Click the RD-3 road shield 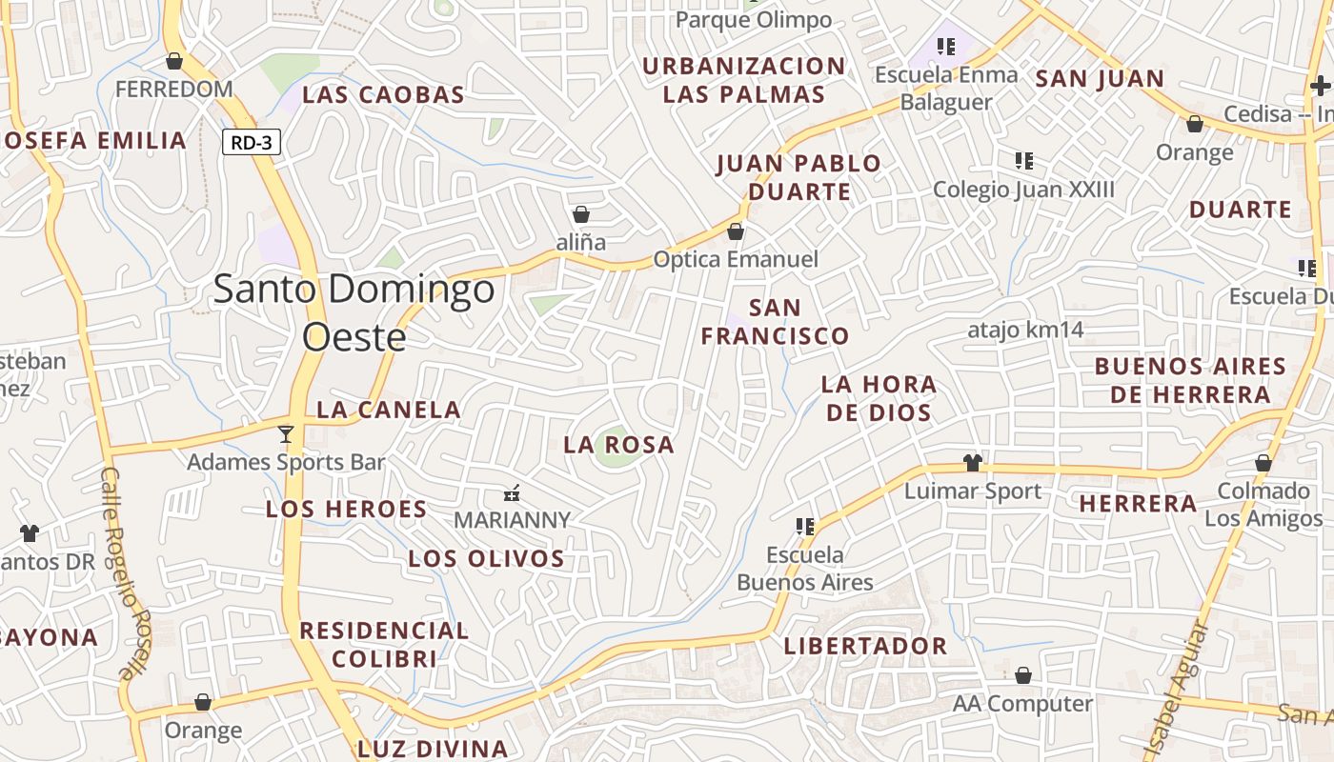(252, 143)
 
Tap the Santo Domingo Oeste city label (354, 311)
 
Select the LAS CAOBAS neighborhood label (383, 95)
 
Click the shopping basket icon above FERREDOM (174, 62)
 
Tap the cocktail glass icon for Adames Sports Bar (285, 434)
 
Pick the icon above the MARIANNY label (512, 493)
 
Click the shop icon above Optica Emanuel (735, 231)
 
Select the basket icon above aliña (581, 214)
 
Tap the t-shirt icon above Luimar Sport (972, 463)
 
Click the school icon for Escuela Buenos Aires (805, 526)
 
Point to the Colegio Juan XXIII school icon (1024, 161)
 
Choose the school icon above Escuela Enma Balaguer (945, 46)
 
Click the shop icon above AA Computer (1023, 675)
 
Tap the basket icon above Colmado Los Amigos (1263, 464)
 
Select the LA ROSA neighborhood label (618, 445)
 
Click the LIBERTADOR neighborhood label (865, 646)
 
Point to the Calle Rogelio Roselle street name (127, 571)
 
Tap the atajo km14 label (1025, 331)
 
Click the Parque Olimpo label (753, 20)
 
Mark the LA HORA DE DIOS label (879, 398)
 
